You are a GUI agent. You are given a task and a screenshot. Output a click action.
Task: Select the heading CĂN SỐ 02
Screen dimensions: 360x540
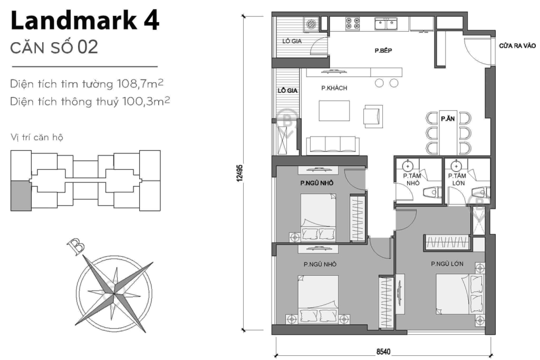click(54, 47)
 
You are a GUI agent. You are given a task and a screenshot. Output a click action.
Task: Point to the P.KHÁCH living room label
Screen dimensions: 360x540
click(334, 89)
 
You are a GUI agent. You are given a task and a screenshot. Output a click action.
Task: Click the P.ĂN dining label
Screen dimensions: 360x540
click(448, 119)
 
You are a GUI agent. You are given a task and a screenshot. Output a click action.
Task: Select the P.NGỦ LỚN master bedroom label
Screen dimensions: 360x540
click(447, 264)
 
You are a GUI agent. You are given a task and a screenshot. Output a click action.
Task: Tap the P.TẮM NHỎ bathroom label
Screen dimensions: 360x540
click(411, 179)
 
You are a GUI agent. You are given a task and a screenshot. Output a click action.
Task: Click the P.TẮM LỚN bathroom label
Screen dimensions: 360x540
click(456, 179)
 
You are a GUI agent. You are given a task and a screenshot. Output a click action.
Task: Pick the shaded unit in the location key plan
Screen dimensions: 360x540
click(21, 195)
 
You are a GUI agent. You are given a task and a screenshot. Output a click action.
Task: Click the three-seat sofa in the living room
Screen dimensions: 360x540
click(332, 144)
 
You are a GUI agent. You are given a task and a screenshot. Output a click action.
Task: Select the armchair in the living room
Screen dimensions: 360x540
click(373, 115)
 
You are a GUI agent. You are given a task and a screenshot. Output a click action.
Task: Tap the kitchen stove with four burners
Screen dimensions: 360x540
click(353, 23)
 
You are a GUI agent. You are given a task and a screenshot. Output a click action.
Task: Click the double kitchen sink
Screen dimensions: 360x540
click(385, 24)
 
